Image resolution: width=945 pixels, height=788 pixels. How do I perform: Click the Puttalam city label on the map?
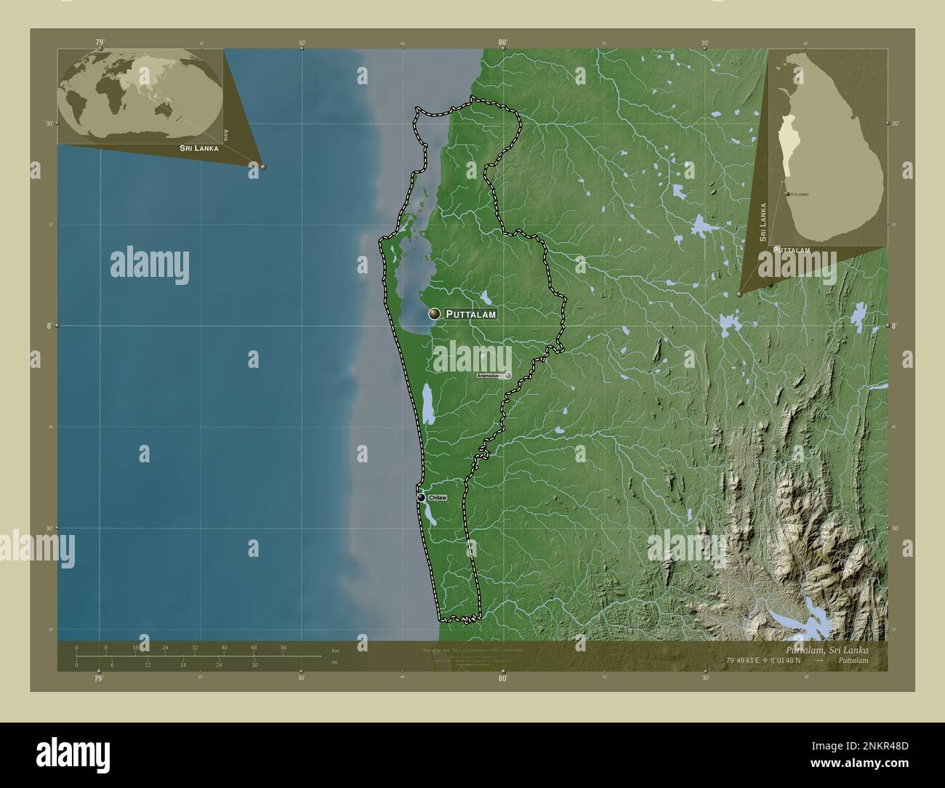pyautogui.click(x=470, y=315)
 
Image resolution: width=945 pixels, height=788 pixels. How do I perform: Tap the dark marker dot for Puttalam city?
pyautogui.click(x=435, y=314)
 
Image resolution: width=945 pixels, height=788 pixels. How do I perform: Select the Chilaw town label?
pyautogui.click(x=437, y=498)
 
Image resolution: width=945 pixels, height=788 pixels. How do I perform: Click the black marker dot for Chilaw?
pyautogui.click(x=422, y=498)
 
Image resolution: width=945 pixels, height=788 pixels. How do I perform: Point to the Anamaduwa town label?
pyautogui.click(x=489, y=376)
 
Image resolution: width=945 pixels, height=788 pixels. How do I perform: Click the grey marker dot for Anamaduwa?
pyautogui.click(x=508, y=376)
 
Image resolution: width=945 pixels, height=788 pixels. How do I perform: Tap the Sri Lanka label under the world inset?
pyautogui.click(x=195, y=148)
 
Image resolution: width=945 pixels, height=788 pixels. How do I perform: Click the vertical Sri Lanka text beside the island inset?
pyautogui.click(x=763, y=222)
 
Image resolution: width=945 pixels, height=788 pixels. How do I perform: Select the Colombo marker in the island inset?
pyautogui.click(x=788, y=194)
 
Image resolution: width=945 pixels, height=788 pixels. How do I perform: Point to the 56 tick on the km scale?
pyautogui.click(x=283, y=647)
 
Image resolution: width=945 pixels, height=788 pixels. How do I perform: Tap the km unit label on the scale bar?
pyautogui.click(x=335, y=650)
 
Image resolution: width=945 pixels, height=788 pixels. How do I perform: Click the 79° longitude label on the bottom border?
pyautogui.click(x=98, y=678)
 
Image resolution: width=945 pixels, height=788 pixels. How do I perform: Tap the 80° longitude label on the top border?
pyautogui.click(x=502, y=43)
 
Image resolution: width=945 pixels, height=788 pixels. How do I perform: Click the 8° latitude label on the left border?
pyautogui.click(x=49, y=326)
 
